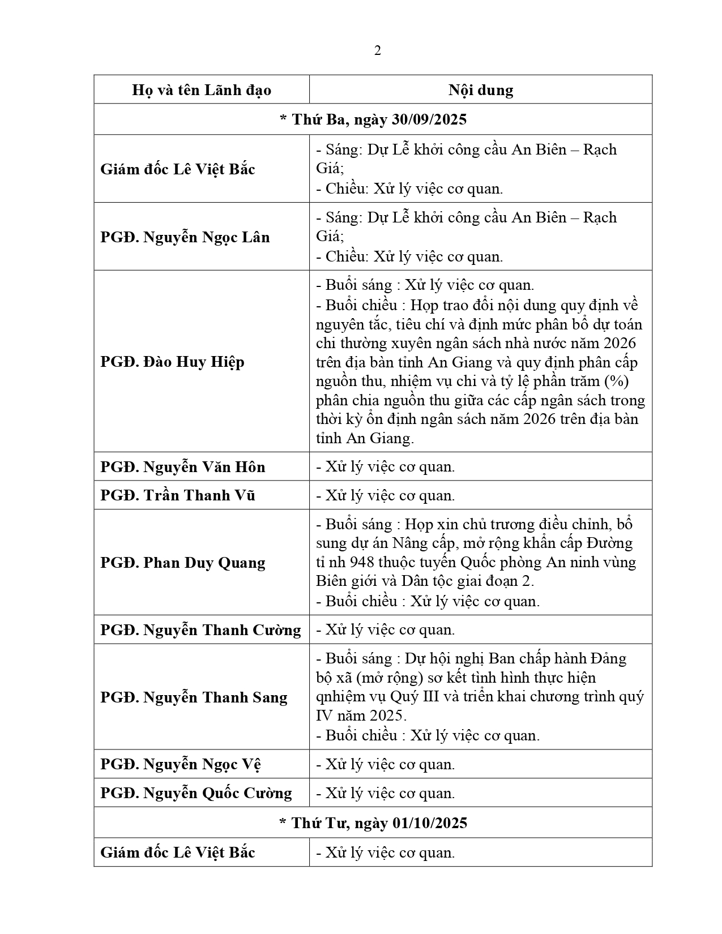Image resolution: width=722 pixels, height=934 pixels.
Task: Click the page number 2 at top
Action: [378, 51]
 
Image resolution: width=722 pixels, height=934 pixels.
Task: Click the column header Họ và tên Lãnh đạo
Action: [202, 90]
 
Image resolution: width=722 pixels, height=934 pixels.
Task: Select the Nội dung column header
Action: [481, 90]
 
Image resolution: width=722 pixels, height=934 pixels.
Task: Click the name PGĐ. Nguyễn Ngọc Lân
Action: [185, 237]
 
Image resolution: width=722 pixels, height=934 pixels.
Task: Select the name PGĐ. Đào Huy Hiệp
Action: [172, 362]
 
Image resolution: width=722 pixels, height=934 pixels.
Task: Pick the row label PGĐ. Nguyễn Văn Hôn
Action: [183, 467]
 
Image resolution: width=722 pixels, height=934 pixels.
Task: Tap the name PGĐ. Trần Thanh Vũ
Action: [178, 495]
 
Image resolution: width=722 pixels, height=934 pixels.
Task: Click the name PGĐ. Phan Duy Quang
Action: [183, 563]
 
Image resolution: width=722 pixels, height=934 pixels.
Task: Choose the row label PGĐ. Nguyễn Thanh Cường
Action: [200, 630]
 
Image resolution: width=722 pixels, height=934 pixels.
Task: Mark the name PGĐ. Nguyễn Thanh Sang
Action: [194, 697]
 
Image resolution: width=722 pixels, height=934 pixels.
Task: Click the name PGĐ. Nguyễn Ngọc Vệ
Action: [181, 764]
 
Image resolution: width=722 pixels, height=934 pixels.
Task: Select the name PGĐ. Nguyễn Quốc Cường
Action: [196, 793]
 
